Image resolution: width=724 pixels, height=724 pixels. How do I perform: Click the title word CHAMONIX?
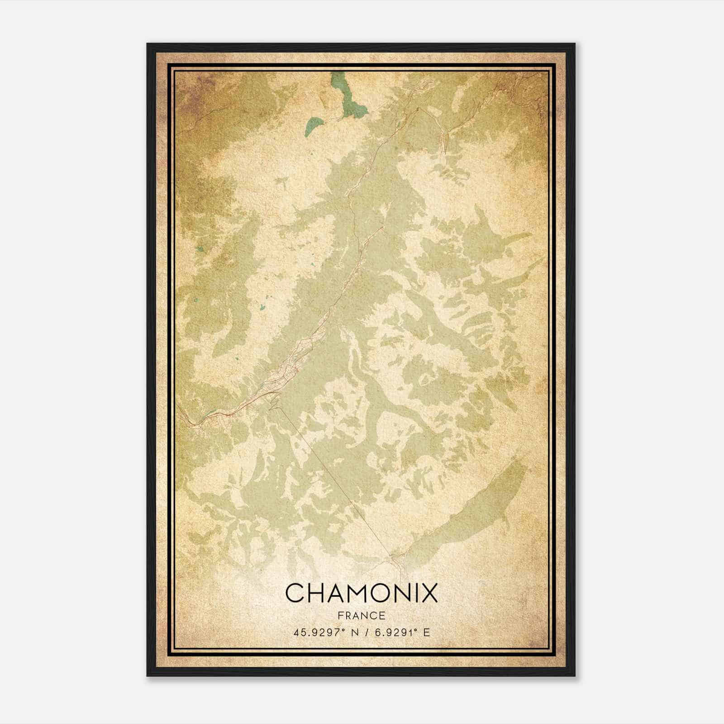362,593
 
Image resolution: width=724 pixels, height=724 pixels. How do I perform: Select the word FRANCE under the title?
361,615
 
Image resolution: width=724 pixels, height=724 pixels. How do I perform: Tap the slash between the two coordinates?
364,633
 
